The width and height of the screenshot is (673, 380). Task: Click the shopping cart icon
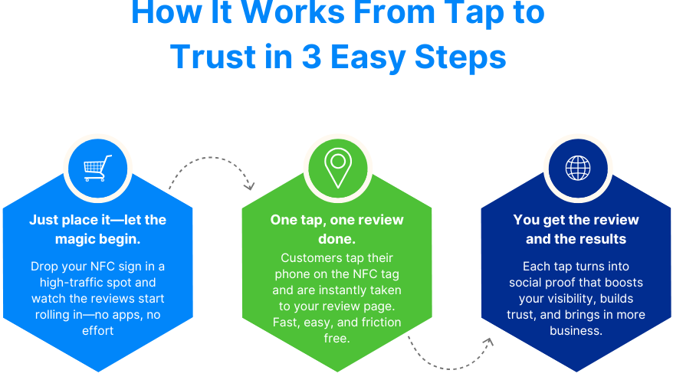97,168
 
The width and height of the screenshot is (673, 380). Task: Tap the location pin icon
336,168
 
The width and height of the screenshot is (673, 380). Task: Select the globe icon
577,168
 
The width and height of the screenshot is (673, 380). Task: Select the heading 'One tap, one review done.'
336,229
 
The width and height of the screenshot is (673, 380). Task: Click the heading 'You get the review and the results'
576,229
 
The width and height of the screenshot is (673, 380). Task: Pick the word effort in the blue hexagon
97,331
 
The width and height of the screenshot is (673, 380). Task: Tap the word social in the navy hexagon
530,283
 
